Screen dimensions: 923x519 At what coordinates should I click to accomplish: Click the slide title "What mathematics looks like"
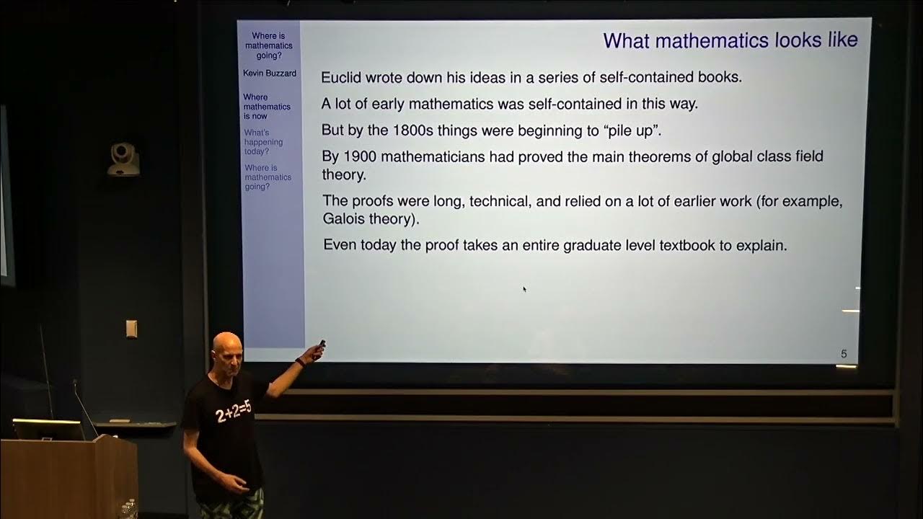tap(730, 41)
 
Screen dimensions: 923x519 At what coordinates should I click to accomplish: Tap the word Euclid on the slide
tap(341, 77)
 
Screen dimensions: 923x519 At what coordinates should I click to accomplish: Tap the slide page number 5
tap(844, 354)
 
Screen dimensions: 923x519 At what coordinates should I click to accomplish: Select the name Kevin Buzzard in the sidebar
tap(270, 74)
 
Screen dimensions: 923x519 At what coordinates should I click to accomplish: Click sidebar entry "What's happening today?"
tap(263, 142)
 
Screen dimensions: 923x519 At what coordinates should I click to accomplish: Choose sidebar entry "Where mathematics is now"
tap(267, 107)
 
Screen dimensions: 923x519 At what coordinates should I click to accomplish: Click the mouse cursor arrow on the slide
tap(524, 289)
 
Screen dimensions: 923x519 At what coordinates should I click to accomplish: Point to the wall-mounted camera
tap(123, 159)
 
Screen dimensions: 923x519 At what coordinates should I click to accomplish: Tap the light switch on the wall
tap(131, 329)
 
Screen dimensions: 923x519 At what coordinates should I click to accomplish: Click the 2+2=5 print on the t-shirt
tap(233, 411)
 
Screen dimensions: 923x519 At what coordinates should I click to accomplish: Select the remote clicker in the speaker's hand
tap(319, 348)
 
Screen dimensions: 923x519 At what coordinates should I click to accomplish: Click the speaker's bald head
tap(226, 346)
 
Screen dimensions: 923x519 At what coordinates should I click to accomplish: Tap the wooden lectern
tap(69, 478)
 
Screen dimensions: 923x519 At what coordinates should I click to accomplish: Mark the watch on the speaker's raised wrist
tap(301, 363)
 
